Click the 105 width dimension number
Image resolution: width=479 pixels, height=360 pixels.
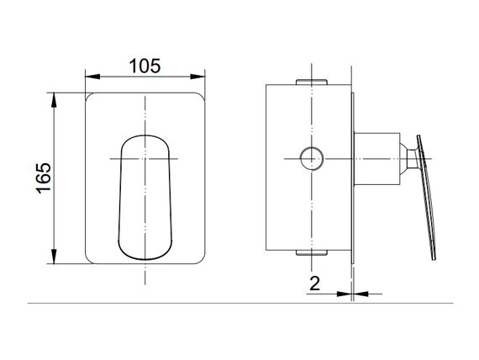click(x=145, y=66)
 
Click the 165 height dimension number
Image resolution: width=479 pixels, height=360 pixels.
click(x=44, y=178)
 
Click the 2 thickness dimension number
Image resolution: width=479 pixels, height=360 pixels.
click(x=314, y=283)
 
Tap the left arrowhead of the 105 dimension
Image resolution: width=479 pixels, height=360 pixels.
click(x=92, y=77)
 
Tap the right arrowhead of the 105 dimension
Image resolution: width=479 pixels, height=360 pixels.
click(x=197, y=77)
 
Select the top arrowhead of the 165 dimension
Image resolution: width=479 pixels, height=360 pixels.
click(x=54, y=100)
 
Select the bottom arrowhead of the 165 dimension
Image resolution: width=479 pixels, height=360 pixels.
click(x=54, y=257)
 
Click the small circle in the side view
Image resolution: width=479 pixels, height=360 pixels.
click(x=312, y=158)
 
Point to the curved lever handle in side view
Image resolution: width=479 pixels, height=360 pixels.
click(x=427, y=196)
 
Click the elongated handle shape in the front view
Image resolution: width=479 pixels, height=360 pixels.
click(x=145, y=198)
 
